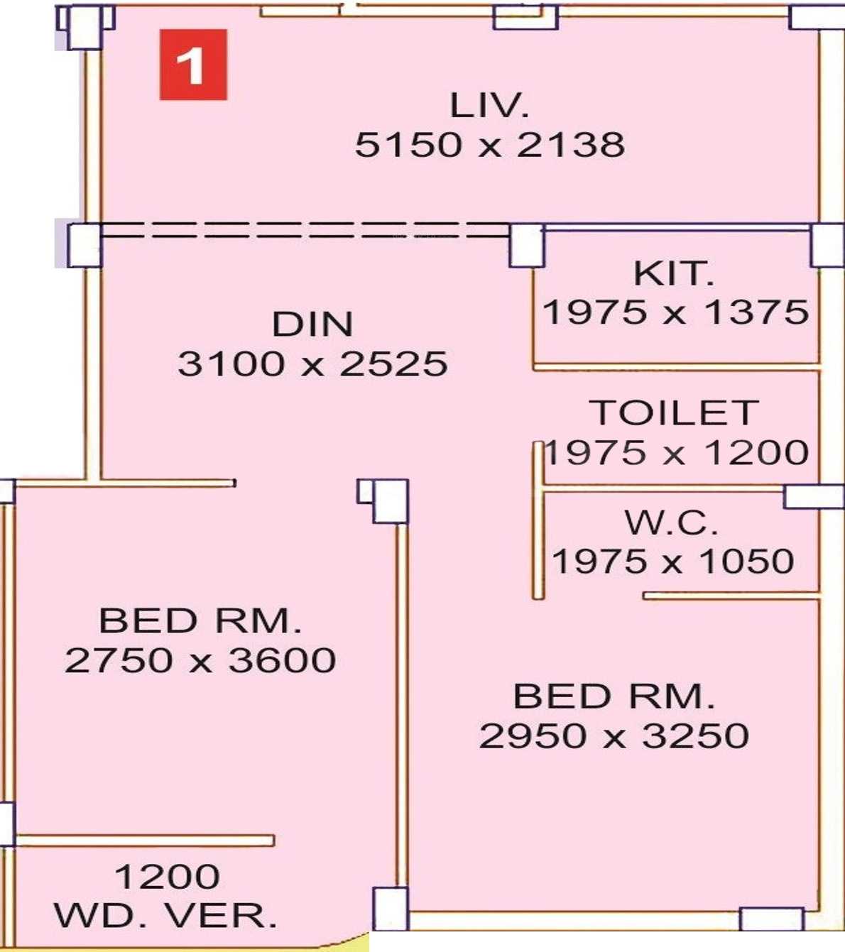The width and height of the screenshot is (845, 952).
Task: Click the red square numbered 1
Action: pyautogui.click(x=192, y=65)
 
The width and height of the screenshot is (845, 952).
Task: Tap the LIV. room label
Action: pyautogui.click(x=489, y=106)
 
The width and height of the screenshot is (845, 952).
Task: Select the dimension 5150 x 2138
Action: pyautogui.click(x=489, y=145)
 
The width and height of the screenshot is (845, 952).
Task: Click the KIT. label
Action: pyautogui.click(x=672, y=273)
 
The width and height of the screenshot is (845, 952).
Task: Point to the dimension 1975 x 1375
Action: pyautogui.click(x=675, y=312)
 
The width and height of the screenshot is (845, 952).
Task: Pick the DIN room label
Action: pyautogui.click(x=312, y=324)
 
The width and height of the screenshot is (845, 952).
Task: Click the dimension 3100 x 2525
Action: pyautogui.click(x=312, y=364)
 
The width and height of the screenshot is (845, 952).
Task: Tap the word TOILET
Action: pyautogui.click(x=674, y=413)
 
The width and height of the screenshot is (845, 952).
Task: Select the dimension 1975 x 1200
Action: pyautogui.click(x=677, y=452)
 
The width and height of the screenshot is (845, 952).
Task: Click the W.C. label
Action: pyautogui.click(x=671, y=523)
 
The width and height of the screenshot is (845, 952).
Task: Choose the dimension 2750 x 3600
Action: pyautogui.click(x=200, y=660)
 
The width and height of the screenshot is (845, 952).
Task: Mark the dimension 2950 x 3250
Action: pyautogui.click(x=614, y=735)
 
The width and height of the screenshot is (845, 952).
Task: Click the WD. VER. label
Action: pyautogui.click(x=166, y=916)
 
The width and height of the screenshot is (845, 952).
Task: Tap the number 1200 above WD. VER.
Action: pyautogui.click(x=167, y=877)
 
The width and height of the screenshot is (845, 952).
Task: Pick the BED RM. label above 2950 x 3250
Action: pyautogui.click(x=614, y=696)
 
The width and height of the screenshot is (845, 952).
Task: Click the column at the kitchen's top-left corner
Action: pyautogui.click(x=526, y=246)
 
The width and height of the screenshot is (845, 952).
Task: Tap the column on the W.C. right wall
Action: pyautogui.click(x=814, y=496)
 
